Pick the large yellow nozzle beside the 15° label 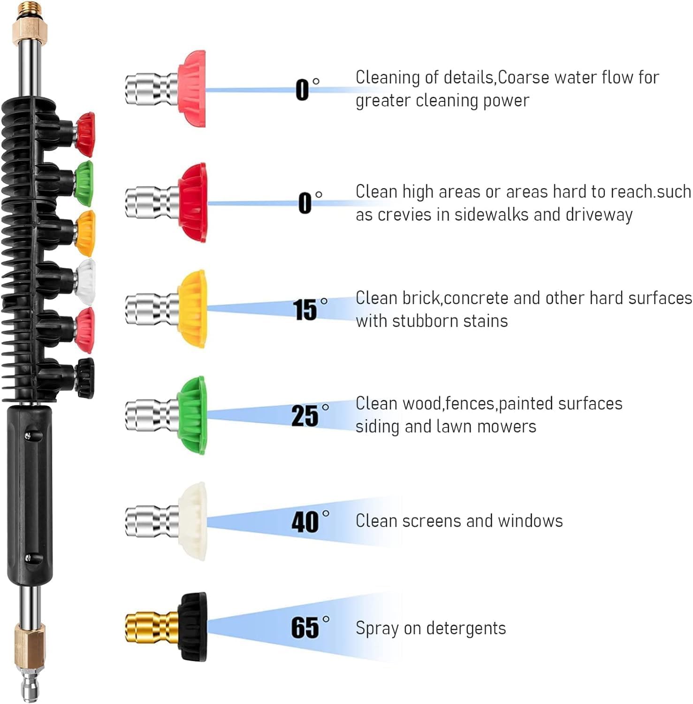click(192, 309)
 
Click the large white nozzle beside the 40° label click(192, 521)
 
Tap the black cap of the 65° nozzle click(192, 627)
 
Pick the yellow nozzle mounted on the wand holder click(86, 233)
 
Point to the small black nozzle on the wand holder click(86, 378)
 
